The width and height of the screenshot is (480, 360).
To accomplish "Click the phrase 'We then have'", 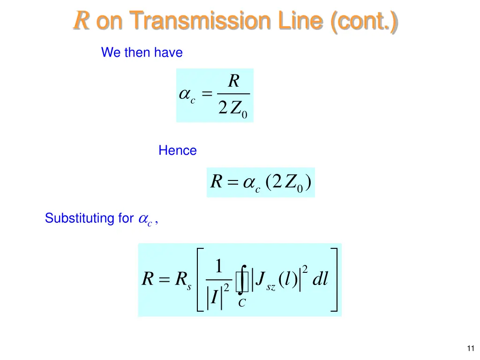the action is point(142,52).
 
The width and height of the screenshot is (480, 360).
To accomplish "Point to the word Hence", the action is point(177,150).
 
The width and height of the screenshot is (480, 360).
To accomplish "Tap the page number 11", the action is point(471,348).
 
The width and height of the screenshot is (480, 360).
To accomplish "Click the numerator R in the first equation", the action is point(233,82).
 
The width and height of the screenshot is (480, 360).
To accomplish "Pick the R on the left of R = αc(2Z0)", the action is point(216,182).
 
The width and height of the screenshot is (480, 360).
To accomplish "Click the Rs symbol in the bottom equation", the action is point(182,280).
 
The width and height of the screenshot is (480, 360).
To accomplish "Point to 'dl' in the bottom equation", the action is point(320,279).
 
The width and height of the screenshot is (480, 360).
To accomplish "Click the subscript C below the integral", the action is point(241,303).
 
